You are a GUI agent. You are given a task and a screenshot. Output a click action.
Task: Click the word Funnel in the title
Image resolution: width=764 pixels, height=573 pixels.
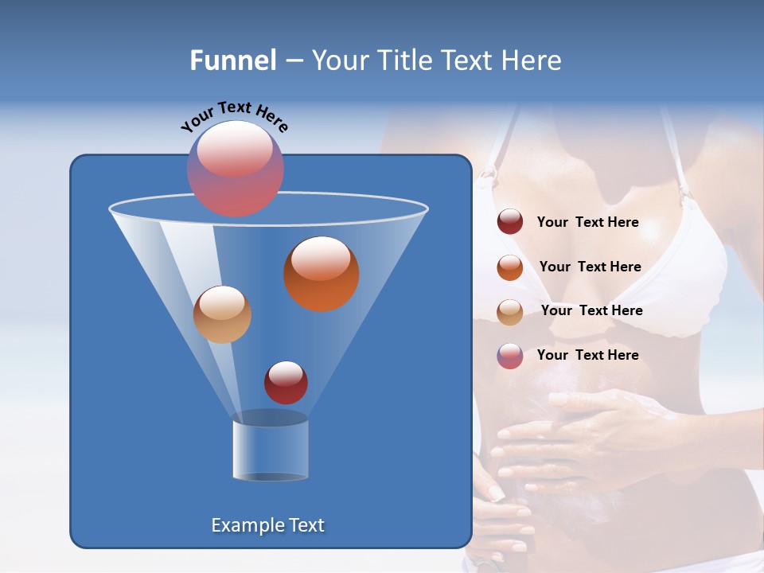pyautogui.click(x=232, y=60)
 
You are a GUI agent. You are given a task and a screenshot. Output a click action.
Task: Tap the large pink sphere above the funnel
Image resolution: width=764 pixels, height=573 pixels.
pyautogui.click(x=235, y=168)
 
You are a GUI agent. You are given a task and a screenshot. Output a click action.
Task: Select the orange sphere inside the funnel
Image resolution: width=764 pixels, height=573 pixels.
pyautogui.click(x=321, y=274)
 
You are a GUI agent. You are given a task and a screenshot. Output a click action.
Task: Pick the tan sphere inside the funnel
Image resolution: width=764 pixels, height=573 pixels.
pyautogui.click(x=222, y=314)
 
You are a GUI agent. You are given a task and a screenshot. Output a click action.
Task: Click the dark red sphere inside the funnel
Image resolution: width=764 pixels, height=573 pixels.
pyautogui.click(x=286, y=382)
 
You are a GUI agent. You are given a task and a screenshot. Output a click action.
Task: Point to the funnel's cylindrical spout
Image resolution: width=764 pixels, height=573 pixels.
pyautogui.click(x=270, y=447)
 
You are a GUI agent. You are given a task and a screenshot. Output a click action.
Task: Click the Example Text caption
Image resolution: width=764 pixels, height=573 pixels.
pyautogui.click(x=267, y=525)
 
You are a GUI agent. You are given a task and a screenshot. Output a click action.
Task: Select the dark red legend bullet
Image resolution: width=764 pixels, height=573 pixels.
pyautogui.click(x=510, y=222)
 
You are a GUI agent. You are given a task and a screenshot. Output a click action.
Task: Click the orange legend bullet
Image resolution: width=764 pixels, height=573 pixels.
pyautogui.click(x=510, y=267)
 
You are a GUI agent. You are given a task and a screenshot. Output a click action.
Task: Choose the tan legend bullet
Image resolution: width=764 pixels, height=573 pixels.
pyautogui.click(x=510, y=312)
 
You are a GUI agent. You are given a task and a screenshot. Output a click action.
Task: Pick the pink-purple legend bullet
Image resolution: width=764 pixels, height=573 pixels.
pyautogui.click(x=510, y=356)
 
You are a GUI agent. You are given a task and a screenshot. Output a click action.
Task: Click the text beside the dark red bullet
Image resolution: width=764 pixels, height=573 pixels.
pyautogui.click(x=587, y=223)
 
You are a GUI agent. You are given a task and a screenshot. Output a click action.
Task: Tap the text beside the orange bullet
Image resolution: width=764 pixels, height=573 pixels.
pyautogui.click(x=590, y=267)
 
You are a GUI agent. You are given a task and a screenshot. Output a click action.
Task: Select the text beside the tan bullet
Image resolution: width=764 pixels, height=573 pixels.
pyautogui.click(x=591, y=311)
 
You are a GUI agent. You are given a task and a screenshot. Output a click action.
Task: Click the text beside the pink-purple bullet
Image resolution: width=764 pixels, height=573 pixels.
pyautogui.click(x=587, y=355)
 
